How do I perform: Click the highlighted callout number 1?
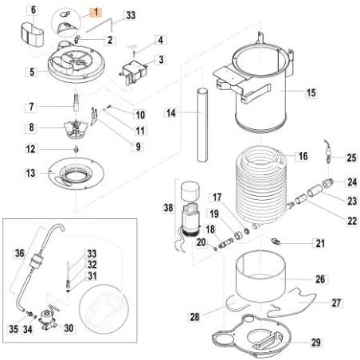pos(94,12)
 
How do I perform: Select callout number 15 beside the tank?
pos(310,93)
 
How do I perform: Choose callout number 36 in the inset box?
pos(20,254)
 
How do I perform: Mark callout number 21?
pos(319,243)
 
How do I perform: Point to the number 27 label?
pos(335,302)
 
